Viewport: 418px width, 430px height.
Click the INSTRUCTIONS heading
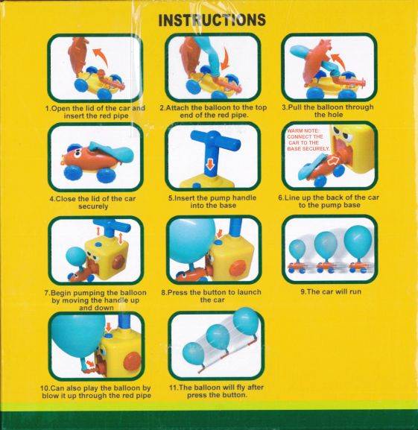pyautogui.click(x=212, y=20)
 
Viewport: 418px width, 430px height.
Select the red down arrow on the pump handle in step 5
pyautogui.click(x=209, y=164)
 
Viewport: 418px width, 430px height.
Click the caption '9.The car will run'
pyautogui.click(x=331, y=291)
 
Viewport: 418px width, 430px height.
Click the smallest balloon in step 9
pyautogui.click(x=297, y=249)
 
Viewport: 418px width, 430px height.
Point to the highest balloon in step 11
pyautogui.click(x=246, y=322)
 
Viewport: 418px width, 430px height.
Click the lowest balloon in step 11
pyautogui.click(x=193, y=354)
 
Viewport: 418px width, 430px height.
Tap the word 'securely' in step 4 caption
pyautogui.click(x=93, y=206)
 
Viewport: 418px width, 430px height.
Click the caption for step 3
pyautogui.click(x=328, y=111)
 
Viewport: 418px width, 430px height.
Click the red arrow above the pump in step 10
pyautogui.click(x=109, y=327)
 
